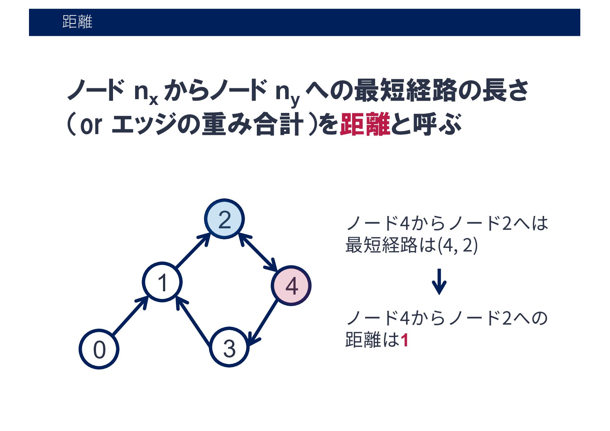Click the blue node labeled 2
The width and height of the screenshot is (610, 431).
click(x=224, y=219)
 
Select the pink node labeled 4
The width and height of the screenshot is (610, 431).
click(x=291, y=286)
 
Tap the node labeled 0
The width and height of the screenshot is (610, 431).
click(x=99, y=349)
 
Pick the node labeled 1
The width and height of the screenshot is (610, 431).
click(x=162, y=282)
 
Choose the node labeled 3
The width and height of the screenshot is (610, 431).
click(x=229, y=347)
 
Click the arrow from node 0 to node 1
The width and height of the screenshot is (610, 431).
click(x=130, y=316)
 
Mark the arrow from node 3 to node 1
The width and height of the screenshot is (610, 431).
click(x=193, y=320)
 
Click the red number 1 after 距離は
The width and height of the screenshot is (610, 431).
click(x=405, y=340)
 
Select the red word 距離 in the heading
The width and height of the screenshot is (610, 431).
click(x=365, y=124)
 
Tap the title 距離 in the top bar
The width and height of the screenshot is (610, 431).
click(x=77, y=22)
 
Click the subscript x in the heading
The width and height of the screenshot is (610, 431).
click(x=154, y=99)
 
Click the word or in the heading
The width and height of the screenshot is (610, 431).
click(x=91, y=125)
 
